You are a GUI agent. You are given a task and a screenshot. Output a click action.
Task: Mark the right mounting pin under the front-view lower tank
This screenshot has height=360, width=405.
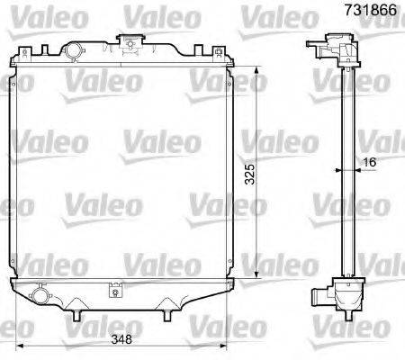pos(167,315)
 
